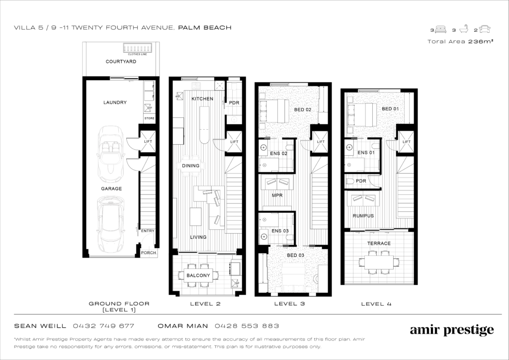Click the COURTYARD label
pos(121,61)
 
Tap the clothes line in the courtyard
pos(138,48)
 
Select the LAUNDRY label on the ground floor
pos(115,102)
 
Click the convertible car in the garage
pos(111,154)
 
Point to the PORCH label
pos(149,253)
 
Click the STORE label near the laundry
pos(149,118)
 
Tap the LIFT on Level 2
pos(235,142)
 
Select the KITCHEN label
pos(202,98)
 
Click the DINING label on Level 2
pos(190,166)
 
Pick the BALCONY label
pos(198,275)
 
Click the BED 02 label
pos(303,110)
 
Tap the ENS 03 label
pos(280,231)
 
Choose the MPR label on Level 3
pos(277,195)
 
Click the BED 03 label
pos(295,255)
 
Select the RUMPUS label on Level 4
pos(363,215)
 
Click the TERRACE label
pos(379,243)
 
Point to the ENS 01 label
pos(366,153)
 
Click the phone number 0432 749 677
pos(103,326)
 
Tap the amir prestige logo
pos(452,331)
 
